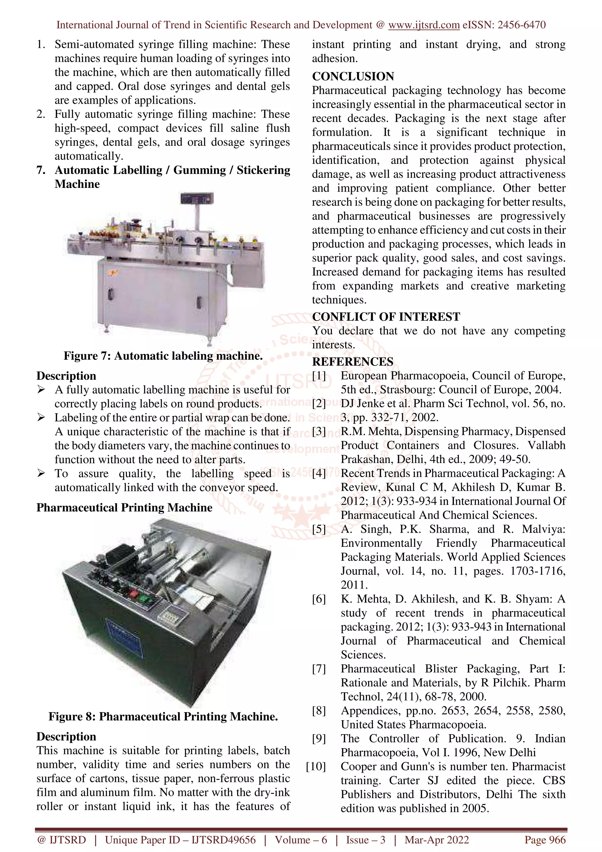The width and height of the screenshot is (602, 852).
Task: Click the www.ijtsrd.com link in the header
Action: [x=424, y=25]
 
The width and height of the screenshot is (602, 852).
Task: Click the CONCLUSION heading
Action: [x=353, y=76]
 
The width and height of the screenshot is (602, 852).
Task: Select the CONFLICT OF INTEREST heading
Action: [x=386, y=317]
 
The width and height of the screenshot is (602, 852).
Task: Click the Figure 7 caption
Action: [x=163, y=356]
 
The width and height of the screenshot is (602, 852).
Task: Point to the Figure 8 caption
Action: [x=163, y=716]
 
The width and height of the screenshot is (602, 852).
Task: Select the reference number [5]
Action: [x=319, y=529]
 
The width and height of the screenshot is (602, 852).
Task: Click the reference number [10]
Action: [x=316, y=767]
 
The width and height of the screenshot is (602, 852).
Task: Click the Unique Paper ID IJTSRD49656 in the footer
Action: [x=180, y=840]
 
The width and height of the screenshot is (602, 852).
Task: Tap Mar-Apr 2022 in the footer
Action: [x=437, y=840]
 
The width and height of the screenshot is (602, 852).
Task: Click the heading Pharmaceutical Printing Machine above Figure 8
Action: [x=124, y=508]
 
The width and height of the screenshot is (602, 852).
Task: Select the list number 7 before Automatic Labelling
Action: [x=41, y=170]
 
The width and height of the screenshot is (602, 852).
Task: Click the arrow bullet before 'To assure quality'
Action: [x=41, y=474]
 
